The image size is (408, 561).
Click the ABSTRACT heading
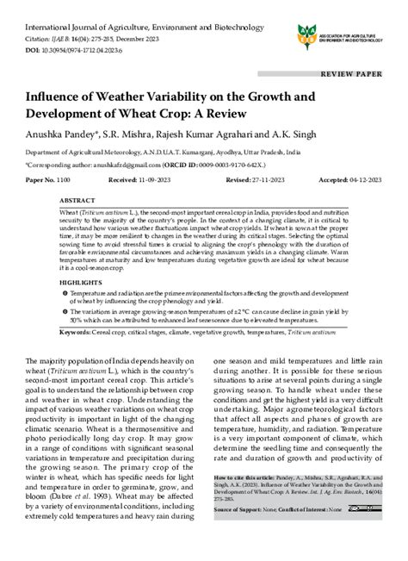pyautogui.click(x=78, y=197)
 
